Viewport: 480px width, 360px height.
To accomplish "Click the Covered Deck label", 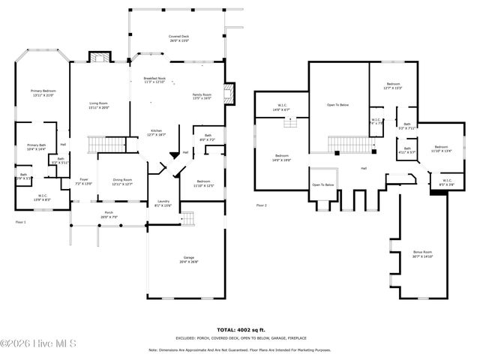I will pos(178,37).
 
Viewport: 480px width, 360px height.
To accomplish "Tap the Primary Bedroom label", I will pos(43,92).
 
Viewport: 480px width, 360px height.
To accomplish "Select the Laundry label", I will pos(162,203).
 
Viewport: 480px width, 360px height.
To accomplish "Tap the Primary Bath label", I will pos(37,147).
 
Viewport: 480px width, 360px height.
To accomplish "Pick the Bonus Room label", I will pos(422,253).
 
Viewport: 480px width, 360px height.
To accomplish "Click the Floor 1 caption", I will pos(20,222).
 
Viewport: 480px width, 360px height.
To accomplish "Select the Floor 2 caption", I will pos(261,205).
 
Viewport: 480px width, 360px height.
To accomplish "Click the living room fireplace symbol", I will pos(99,58).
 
